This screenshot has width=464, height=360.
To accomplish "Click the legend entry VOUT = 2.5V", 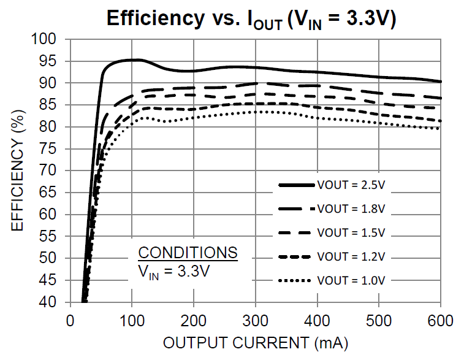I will [x=351, y=185].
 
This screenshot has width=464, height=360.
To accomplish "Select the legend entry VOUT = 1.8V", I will [x=351, y=209].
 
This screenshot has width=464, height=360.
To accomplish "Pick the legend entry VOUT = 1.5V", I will [x=351, y=232].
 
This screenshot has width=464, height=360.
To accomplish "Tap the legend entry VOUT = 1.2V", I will [x=351, y=256].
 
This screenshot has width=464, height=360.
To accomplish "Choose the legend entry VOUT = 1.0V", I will [x=351, y=280].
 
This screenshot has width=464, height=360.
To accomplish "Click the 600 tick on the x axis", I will [x=441, y=321].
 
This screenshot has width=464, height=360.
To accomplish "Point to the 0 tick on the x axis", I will [x=70, y=321].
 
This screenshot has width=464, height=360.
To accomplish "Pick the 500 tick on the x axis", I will [x=379, y=321].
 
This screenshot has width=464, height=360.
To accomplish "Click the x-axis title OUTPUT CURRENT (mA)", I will [x=255, y=343].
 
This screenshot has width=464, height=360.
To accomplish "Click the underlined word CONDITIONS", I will [x=188, y=253].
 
